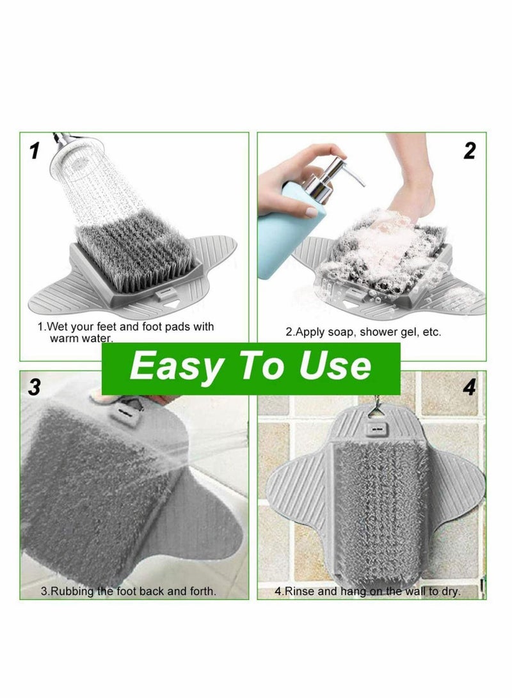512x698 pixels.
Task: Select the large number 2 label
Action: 470,151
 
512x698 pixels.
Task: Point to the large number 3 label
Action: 35,386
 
